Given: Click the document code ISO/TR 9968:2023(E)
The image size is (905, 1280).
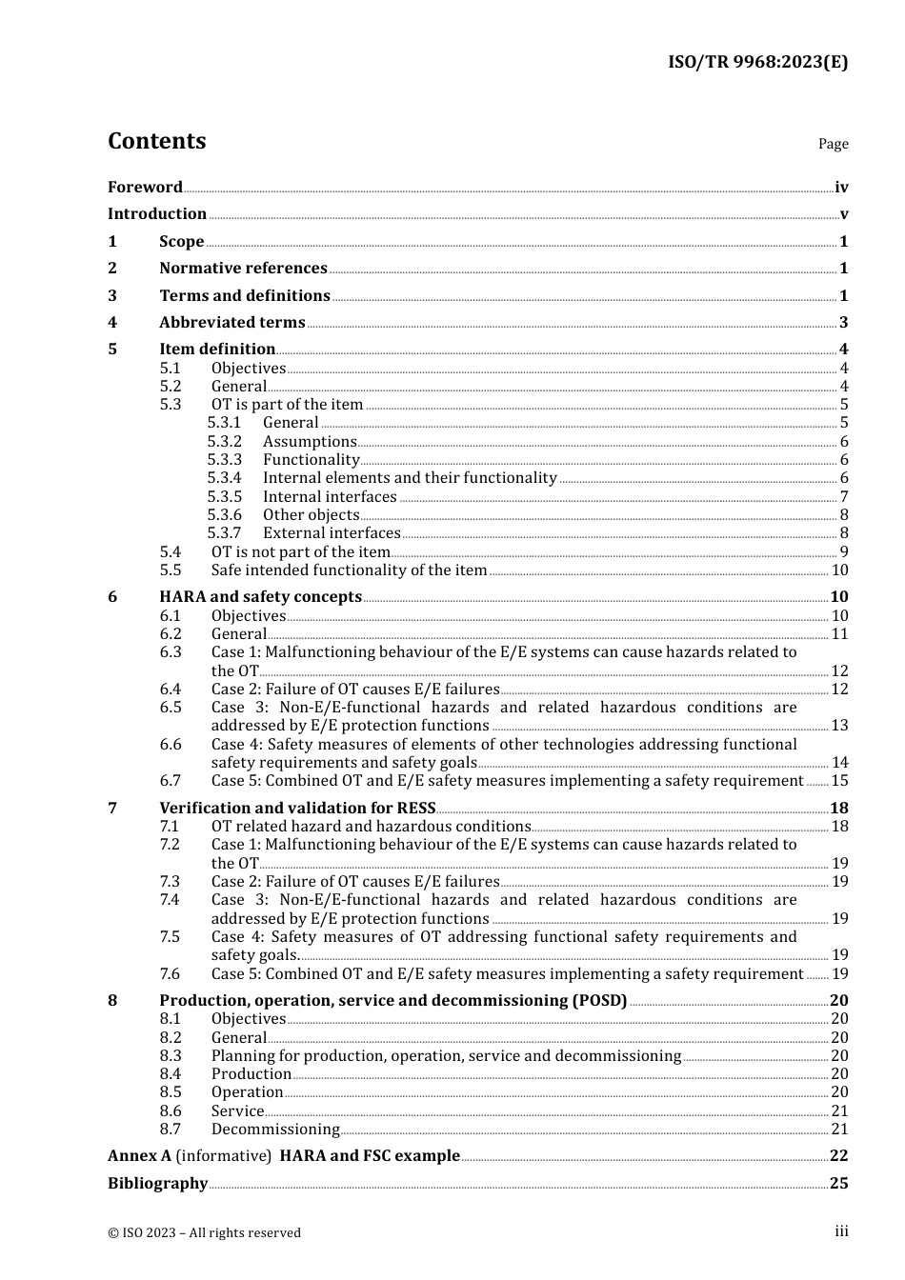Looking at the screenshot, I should pos(757,62).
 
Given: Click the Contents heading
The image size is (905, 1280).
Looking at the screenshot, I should pos(156,141).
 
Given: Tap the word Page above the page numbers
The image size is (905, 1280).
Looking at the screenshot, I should pos(833,144).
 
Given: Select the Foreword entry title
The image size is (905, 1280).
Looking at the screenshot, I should pos(145,188).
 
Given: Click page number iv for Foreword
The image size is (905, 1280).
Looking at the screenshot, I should pos(841,188).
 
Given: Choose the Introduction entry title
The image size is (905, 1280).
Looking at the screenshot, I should pos(157,214).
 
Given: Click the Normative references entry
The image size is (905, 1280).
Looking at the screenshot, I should pos(243,269).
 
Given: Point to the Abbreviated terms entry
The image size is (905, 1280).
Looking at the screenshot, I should pos(232,323).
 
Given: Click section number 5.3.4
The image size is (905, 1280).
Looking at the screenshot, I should pos(225,478).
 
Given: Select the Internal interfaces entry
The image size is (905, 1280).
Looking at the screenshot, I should pos(330,497).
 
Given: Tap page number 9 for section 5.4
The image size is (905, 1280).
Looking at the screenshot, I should pos(843,552).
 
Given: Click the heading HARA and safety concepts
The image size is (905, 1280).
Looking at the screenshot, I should pos(260,597).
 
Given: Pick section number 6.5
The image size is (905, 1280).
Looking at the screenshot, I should pos(171,708).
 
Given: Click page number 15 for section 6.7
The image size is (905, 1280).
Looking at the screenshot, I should pos(839,781).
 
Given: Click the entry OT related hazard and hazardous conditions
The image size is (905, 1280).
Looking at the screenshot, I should pos(371,827).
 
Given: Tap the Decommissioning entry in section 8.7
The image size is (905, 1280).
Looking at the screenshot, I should pos(275,1130).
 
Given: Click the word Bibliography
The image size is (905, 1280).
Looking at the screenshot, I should pos(157,1184).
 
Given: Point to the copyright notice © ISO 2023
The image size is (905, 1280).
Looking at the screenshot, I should pos(204,1233).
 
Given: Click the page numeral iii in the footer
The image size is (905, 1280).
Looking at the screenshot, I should pos(841,1232).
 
